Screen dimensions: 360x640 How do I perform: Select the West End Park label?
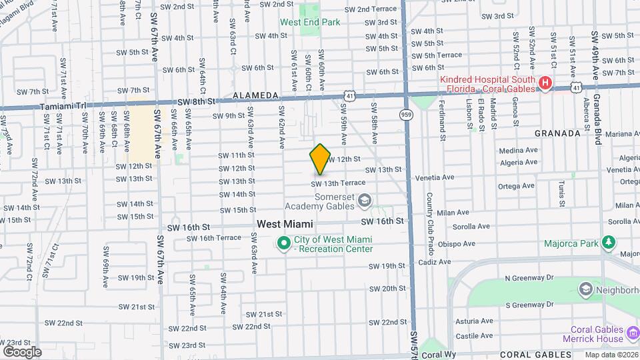310,22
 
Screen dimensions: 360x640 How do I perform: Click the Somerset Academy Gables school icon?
365,200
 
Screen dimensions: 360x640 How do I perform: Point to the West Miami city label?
285,225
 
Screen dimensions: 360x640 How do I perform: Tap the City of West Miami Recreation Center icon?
283,244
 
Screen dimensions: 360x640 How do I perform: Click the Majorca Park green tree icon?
609,243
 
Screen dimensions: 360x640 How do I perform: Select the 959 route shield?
406,115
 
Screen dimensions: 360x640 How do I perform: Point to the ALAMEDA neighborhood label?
255,97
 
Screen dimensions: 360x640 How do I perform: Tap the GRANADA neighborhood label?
557,133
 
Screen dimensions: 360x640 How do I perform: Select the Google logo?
21,351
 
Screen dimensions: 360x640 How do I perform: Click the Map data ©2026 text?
611,355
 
